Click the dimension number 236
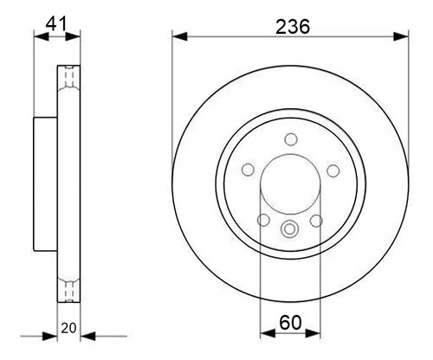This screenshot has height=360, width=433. click(293, 27)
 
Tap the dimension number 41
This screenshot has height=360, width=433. click(56, 23)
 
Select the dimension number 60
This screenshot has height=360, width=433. click(290, 323)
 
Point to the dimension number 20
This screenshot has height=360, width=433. click(68, 328)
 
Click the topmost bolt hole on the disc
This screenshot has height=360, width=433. click(291, 139)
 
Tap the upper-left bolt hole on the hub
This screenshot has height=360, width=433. click(248, 170)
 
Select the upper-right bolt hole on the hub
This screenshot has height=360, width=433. click(333, 170)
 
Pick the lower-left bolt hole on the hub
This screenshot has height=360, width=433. click(263, 220)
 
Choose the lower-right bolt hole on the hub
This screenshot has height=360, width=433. click(316, 221)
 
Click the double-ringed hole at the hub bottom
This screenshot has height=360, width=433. click(289, 229)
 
